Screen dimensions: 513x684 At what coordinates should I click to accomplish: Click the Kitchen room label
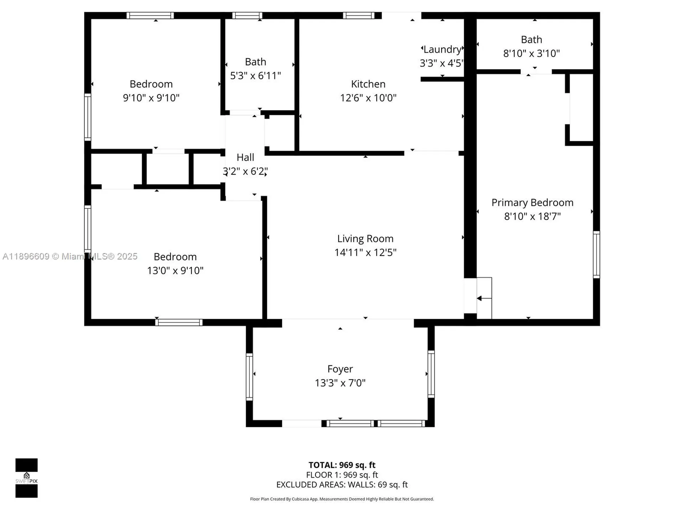368,84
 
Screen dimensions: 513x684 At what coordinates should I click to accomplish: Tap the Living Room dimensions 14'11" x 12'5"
365,253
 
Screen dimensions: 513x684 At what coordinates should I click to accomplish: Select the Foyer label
340,369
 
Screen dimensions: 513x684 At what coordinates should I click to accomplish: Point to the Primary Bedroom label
532,203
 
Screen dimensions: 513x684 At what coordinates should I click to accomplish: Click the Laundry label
442,50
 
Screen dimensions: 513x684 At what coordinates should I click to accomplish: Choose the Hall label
245,157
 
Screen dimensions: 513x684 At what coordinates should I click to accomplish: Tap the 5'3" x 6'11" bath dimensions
255,76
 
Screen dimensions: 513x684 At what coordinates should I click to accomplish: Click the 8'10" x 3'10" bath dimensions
531,53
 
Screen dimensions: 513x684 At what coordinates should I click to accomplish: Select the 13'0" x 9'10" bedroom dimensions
175,271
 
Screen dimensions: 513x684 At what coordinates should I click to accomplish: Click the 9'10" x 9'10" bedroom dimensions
151,98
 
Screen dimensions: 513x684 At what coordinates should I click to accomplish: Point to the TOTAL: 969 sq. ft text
342,465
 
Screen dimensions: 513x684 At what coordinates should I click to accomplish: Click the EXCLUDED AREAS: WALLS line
342,484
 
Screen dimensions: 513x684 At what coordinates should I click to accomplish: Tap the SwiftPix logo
26,478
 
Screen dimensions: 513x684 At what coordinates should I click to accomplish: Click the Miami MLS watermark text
70,256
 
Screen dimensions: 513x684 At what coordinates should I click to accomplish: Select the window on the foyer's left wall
249,376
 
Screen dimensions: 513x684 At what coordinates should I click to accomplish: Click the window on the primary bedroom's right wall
596,254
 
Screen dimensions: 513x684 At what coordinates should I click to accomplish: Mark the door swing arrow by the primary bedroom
484,298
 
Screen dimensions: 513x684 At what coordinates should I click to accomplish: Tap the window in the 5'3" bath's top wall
247,15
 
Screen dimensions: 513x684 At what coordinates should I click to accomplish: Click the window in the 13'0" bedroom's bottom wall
179,322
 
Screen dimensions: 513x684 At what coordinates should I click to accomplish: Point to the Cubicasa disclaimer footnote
342,499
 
